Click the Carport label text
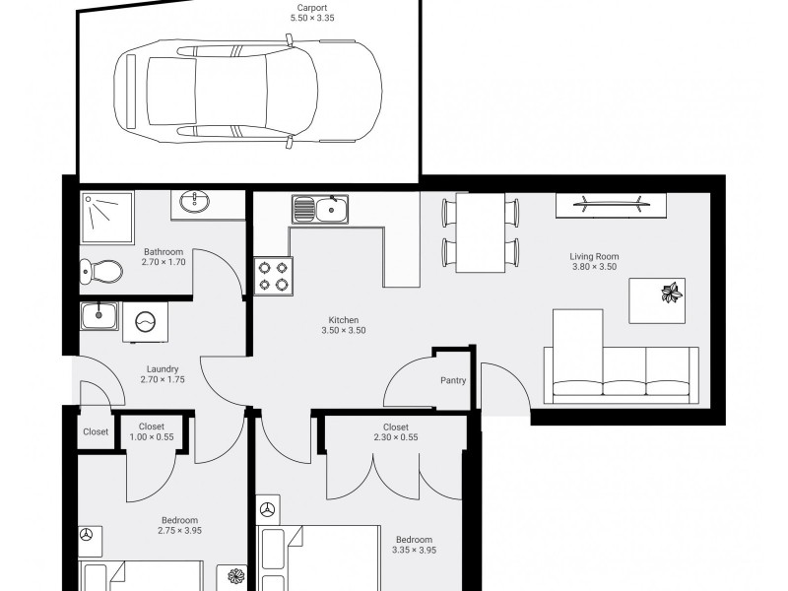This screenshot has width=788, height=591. point(312,8)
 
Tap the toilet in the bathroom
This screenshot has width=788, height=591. point(101,272)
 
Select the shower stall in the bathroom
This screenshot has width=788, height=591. point(107,217)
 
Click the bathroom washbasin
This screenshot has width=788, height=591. point(194,202)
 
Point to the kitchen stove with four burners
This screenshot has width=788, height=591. point(274,276)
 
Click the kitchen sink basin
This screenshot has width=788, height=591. point(332,210)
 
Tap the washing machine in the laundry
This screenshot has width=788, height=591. point(145,322)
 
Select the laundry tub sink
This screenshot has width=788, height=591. point(99,316)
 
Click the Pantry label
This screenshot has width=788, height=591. point(453,380)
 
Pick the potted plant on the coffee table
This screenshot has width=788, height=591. point(672,293)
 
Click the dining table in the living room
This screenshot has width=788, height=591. point(481,232)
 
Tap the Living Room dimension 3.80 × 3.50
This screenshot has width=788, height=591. point(595,267)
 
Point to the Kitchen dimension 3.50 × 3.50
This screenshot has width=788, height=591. point(344,330)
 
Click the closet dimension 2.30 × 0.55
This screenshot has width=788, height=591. point(396,437)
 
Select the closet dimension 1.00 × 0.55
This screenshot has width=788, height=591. point(152,437)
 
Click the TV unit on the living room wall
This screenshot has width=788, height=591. point(611,205)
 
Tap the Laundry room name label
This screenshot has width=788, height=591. point(163,369)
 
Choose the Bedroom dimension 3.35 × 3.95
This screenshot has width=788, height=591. point(414,550)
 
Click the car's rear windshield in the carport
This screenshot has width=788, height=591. point(171,92)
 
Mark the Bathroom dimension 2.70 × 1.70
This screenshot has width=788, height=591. point(164,262)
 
